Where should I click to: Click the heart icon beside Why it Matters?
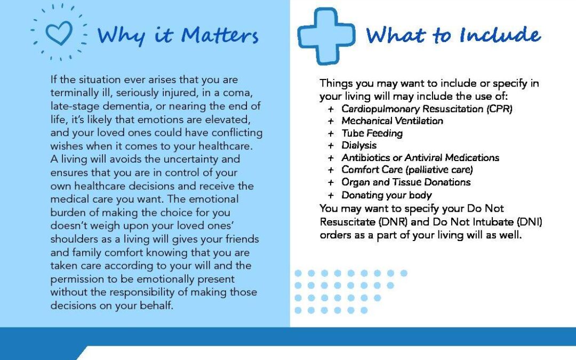59,33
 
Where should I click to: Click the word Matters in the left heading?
220,36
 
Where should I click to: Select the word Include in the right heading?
500,35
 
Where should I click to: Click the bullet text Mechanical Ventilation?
392,121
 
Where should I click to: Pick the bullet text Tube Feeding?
372,133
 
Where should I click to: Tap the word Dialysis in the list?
359,146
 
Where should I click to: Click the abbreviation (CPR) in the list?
499,109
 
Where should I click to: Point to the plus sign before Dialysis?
331,146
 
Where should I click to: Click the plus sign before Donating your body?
331,195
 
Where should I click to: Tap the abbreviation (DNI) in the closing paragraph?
530,222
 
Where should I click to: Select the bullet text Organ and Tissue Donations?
406,182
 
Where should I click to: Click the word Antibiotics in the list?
365,157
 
